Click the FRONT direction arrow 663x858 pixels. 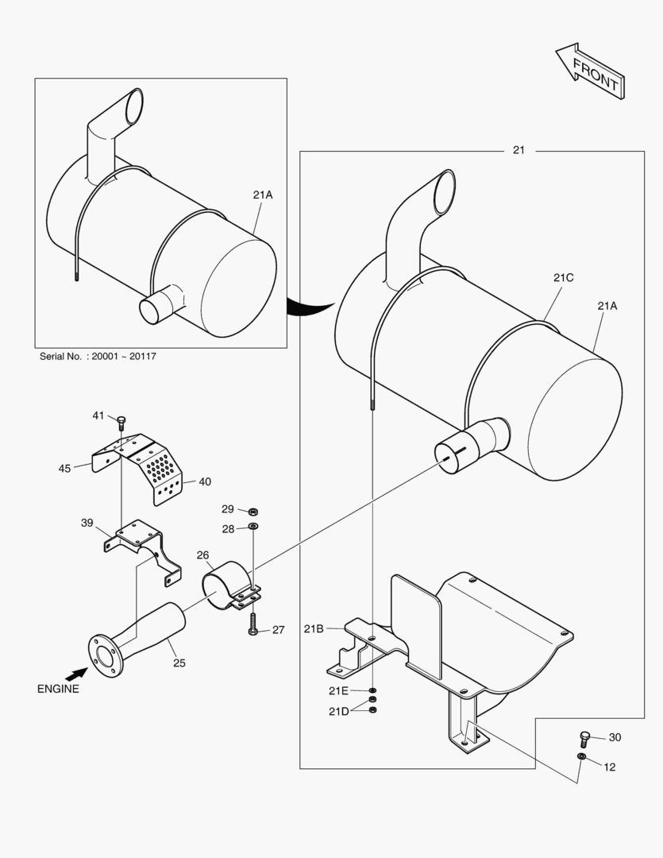point(590,72)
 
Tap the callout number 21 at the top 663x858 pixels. point(518,150)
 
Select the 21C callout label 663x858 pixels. point(564,277)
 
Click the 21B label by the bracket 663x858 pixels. point(314,628)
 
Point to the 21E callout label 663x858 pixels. point(338,690)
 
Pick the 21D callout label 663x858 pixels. point(338,711)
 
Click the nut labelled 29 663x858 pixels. point(252,511)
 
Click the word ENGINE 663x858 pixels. point(58,689)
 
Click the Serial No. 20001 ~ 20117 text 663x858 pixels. point(98,357)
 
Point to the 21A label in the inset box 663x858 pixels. point(264,195)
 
